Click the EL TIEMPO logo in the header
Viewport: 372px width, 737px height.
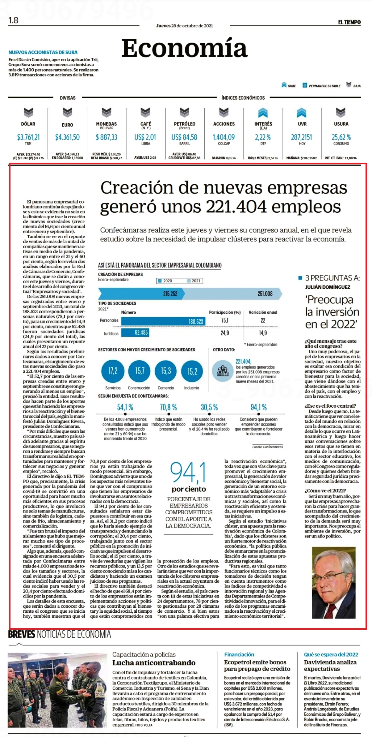coord(349,22)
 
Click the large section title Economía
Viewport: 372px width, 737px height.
coord(185,48)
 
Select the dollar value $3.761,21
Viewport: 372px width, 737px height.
coord(28,137)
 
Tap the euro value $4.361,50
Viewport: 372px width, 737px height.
coord(67,137)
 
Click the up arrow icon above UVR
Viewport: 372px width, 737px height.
coord(302,113)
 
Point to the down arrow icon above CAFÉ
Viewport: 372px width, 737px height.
coord(145,112)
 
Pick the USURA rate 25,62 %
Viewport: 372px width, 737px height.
coord(341,137)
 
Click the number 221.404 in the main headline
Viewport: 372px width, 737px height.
coord(236,207)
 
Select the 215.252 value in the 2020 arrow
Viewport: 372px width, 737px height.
coord(170,294)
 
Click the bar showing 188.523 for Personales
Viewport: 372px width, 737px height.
coord(163,321)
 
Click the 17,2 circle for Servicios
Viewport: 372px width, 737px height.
coord(113,371)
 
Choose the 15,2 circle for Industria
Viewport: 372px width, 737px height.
coord(192,371)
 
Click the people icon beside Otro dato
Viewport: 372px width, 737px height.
coord(223,371)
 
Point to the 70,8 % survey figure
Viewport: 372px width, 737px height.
coord(168,407)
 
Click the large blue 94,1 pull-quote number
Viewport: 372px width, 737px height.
coord(188,473)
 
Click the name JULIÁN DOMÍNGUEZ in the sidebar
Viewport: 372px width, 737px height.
coord(328,287)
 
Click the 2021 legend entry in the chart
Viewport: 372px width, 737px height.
coord(194,281)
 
